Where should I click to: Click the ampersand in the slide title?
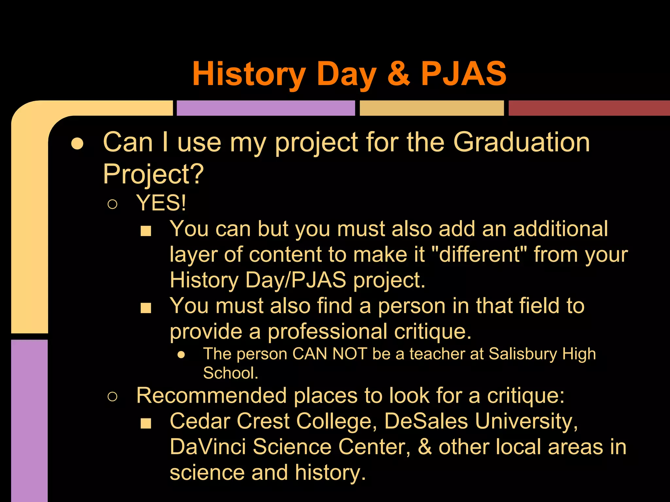tap(398, 74)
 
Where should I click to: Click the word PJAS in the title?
tap(463, 74)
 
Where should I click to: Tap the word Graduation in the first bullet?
tap(521, 142)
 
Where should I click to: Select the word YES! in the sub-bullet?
tap(161, 203)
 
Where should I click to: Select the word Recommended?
tap(211, 395)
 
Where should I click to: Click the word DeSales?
tap(426, 421)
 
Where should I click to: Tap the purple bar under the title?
tap(266, 108)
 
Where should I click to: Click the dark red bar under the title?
tap(589, 108)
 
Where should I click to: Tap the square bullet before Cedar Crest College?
tap(146, 423)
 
